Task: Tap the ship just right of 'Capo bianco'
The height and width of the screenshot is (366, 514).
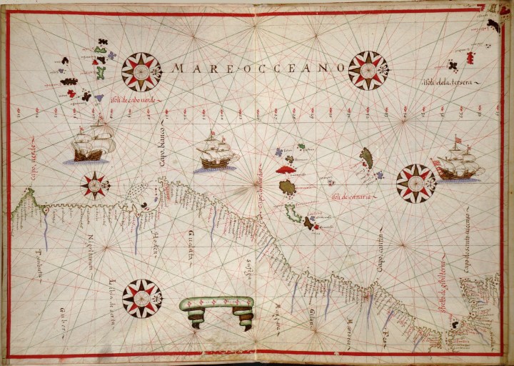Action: coord(217,152)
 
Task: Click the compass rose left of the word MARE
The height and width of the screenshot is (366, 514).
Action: coord(141,71)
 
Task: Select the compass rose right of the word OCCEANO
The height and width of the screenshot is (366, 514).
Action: coord(368,71)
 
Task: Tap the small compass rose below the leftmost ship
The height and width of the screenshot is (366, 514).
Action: coord(95,184)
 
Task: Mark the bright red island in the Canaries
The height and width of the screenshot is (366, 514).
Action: coord(288,169)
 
